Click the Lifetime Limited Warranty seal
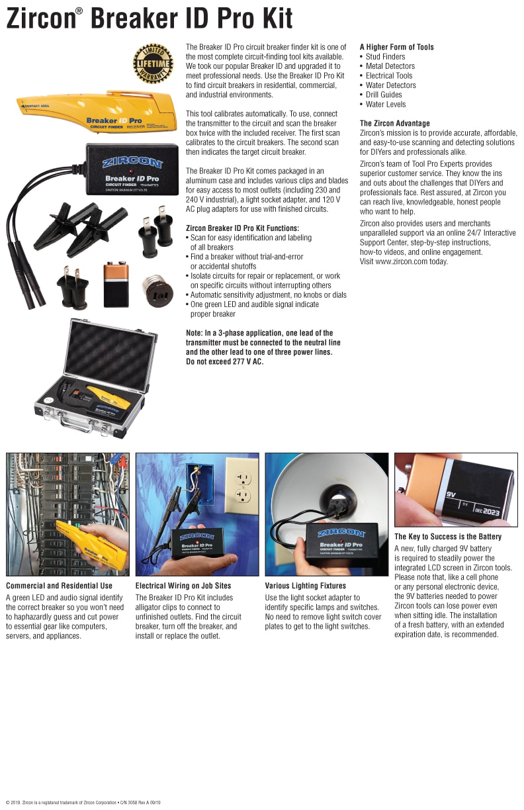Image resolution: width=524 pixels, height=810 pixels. tap(153, 64)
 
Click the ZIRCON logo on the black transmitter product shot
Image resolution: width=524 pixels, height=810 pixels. tap(132, 162)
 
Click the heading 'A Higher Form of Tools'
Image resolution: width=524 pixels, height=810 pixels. tap(396, 47)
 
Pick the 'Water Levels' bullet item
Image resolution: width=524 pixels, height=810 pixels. tap(386, 104)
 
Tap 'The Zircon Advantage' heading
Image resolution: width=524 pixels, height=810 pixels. tap(394, 123)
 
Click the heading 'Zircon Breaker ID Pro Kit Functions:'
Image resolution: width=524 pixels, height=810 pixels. tap(242, 228)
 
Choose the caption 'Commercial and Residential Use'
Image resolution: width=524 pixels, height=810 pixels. tap(59, 586)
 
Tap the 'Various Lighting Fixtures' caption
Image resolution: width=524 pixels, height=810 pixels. tap(305, 586)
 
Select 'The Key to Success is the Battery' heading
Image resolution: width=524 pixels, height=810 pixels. tap(448, 537)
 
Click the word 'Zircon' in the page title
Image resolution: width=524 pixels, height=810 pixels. tap(40, 20)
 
